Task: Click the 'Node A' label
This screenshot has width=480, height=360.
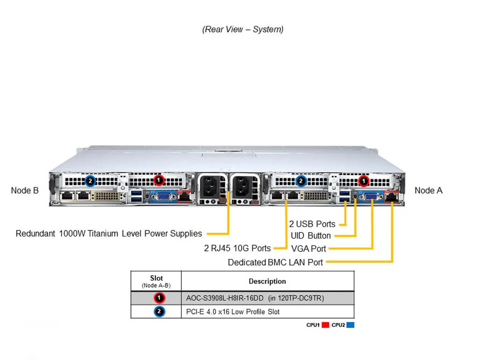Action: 428,190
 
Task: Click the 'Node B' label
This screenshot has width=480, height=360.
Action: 24,190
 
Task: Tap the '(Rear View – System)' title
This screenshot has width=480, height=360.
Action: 242,29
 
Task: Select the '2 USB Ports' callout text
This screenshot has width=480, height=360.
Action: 312,223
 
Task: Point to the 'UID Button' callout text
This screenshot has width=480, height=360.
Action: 310,235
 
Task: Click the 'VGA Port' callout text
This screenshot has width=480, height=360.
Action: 308,248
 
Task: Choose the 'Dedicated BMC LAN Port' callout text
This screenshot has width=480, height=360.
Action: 275,262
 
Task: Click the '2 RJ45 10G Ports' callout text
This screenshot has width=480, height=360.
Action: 237,248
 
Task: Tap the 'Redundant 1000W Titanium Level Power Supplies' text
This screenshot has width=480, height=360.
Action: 109,233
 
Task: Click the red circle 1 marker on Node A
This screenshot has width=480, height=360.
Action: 364,180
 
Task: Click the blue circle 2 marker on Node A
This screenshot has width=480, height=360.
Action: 300,180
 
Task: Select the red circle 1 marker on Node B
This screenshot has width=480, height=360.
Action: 158,179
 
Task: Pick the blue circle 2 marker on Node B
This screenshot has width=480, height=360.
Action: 90,180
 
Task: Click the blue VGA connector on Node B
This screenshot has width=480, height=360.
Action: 159,196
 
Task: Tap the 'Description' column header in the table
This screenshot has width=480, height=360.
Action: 267,281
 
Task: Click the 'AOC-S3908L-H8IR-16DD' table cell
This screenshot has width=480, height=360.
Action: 254,298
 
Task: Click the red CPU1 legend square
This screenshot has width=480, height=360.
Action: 325,325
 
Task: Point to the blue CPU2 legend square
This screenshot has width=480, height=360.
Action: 350,325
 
